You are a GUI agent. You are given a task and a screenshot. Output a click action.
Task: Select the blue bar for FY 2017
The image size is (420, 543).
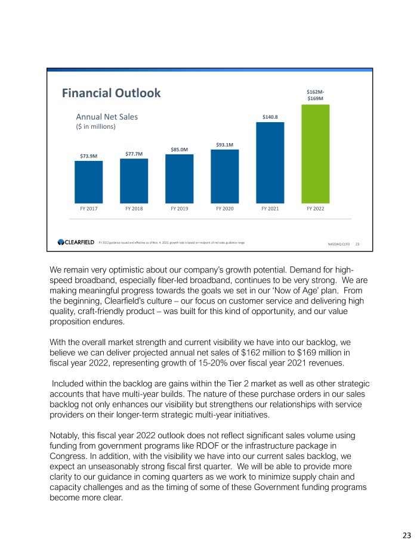(x=88, y=182)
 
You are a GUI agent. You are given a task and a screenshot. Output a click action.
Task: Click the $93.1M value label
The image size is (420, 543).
(x=224, y=144)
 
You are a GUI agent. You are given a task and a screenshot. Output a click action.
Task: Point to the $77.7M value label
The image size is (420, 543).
(x=134, y=154)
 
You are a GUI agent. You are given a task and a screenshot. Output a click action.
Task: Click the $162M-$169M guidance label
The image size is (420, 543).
(x=315, y=95)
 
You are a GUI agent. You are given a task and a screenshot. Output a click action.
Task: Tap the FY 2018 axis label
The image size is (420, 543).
(x=134, y=209)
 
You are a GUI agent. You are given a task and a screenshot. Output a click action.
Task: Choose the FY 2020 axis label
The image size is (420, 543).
(x=224, y=209)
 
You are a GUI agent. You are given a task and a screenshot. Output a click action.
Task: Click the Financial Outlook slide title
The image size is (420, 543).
(x=111, y=93)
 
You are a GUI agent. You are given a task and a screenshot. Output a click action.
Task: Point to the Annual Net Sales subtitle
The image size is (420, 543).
(x=106, y=117)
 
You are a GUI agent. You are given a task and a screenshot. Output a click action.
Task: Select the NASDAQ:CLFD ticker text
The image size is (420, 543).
(x=339, y=244)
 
